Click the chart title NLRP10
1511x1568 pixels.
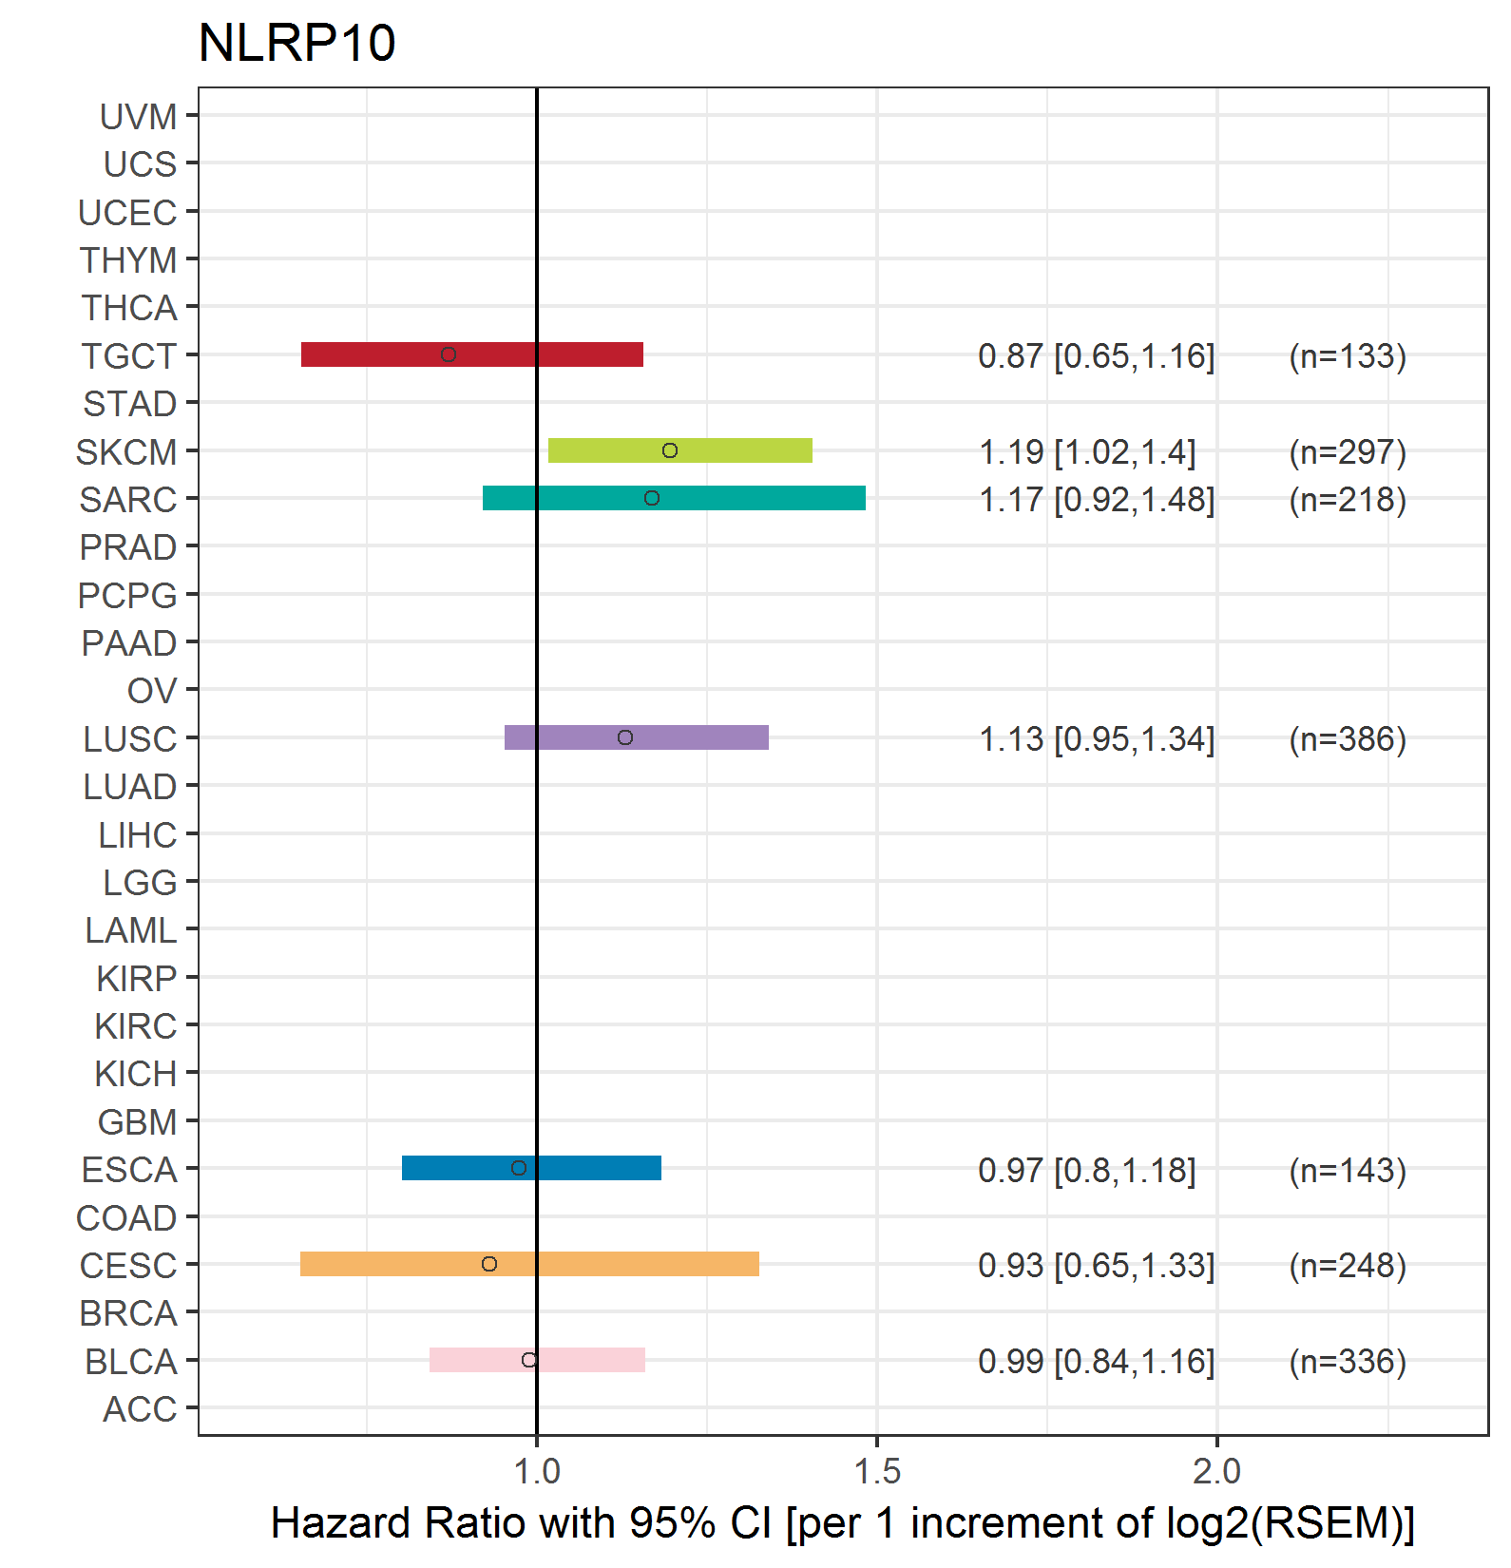296,43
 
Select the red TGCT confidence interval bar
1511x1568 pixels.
472,354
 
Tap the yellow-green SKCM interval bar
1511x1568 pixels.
680,450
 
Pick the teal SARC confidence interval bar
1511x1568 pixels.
674,498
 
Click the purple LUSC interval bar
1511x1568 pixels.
637,737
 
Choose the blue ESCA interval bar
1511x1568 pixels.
531,1168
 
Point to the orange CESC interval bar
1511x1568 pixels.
529,1264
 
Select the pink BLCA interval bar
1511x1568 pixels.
537,1360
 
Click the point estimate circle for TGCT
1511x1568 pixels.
449,354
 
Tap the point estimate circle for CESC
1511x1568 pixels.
489,1264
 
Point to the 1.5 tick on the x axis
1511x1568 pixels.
877,1441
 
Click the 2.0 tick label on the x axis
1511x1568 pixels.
1217,1471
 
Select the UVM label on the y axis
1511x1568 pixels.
139,117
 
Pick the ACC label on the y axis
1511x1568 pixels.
140,1409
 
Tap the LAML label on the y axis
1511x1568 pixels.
131,930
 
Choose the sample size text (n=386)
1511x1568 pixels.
1348,739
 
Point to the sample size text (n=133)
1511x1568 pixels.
1348,356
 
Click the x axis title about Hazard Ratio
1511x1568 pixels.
843,1523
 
